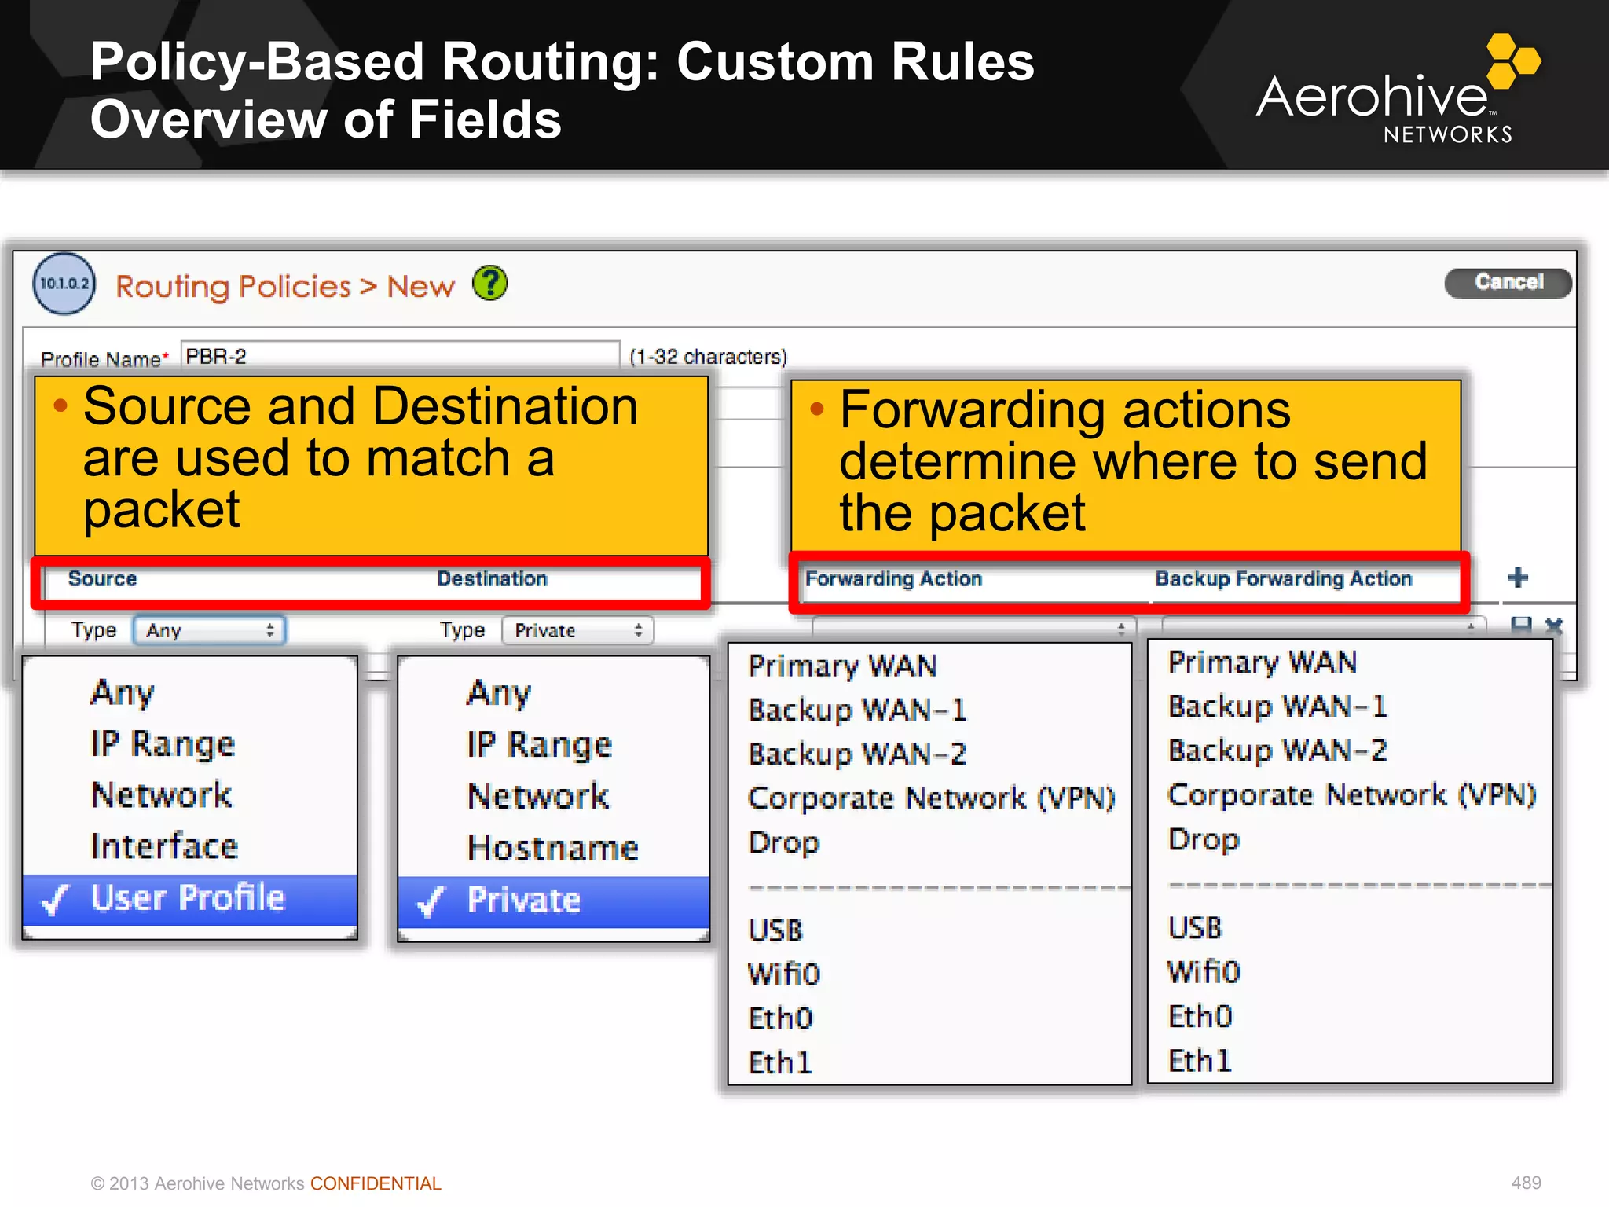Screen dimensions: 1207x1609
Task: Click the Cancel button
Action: (x=1508, y=282)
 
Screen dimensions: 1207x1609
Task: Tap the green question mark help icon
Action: (x=490, y=284)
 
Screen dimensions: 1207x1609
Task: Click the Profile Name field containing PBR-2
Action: (x=399, y=356)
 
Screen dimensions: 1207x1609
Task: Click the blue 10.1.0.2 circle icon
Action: (x=64, y=284)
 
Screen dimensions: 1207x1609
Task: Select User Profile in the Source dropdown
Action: (x=189, y=898)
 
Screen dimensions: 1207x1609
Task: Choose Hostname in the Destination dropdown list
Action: (x=552, y=848)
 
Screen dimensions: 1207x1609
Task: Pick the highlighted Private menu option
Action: (x=524, y=901)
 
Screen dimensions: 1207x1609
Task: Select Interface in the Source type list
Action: (x=164, y=846)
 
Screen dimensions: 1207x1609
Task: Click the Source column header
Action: (x=103, y=579)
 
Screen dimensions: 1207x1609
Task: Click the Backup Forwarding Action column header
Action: (x=1283, y=579)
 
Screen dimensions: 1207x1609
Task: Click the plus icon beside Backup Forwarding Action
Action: (x=1518, y=578)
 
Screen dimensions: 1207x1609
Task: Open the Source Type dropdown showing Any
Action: (x=209, y=630)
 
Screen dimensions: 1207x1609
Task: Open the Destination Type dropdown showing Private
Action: (x=577, y=630)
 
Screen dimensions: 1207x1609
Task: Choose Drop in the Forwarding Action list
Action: (x=784, y=842)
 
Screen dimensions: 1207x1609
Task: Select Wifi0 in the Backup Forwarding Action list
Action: (x=1204, y=972)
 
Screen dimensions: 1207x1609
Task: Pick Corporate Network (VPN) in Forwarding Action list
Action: (x=931, y=798)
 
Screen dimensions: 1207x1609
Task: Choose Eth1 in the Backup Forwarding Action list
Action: (x=1200, y=1061)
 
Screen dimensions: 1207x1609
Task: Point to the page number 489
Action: (x=1526, y=1183)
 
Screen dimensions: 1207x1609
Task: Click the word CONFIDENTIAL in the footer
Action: (x=376, y=1183)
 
